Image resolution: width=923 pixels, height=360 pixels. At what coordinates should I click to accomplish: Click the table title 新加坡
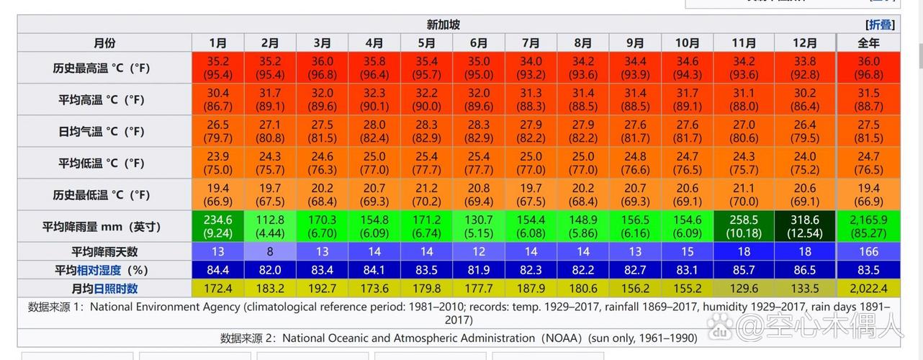[443, 24]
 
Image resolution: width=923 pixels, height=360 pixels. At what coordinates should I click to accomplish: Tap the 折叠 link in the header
[880, 24]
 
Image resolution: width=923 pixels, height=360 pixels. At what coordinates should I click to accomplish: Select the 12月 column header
[804, 43]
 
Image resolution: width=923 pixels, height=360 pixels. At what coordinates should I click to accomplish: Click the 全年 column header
[868, 43]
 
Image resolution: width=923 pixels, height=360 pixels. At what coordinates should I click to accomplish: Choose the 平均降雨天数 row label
[104, 251]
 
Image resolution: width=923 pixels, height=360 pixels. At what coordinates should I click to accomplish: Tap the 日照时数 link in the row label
[115, 289]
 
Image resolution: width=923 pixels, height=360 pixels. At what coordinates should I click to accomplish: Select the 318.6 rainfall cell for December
[805, 226]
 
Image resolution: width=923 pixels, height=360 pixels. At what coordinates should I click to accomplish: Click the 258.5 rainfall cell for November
[744, 226]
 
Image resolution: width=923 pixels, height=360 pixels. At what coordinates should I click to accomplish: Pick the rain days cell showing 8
[270, 251]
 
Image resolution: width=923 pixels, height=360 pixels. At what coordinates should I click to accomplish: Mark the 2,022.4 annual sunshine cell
[868, 289]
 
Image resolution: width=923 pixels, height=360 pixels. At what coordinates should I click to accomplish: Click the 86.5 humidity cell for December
[805, 270]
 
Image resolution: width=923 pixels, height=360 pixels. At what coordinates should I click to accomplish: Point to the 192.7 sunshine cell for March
[322, 289]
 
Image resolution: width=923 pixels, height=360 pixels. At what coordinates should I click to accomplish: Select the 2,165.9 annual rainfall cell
[868, 226]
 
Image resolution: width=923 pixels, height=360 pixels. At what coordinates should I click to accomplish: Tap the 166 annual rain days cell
[868, 251]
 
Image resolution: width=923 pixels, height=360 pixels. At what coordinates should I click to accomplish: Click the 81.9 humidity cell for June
[479, 270]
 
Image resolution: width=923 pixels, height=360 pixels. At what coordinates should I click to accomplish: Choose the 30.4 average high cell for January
[217, 99]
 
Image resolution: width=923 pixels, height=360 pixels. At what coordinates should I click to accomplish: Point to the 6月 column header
[479, 43]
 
